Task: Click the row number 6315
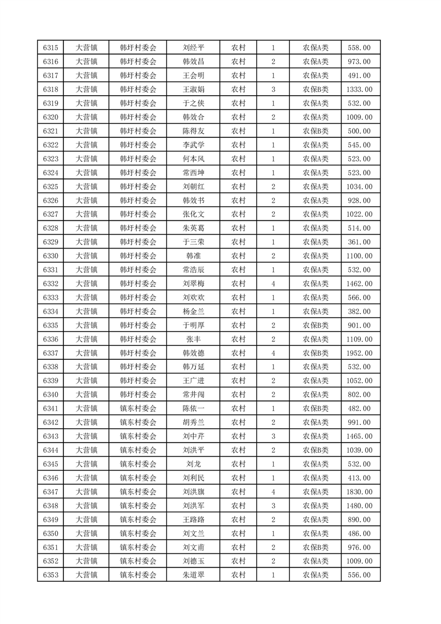[x=51, y=48]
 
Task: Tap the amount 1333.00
[x=359, y=90]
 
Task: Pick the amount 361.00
[x=359, y=242]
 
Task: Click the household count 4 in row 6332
[x=273, y=284]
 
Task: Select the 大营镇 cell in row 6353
[x=87, y=575]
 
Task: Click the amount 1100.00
[x=359, y=256]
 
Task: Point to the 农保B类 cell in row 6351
[x=315, y=547]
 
